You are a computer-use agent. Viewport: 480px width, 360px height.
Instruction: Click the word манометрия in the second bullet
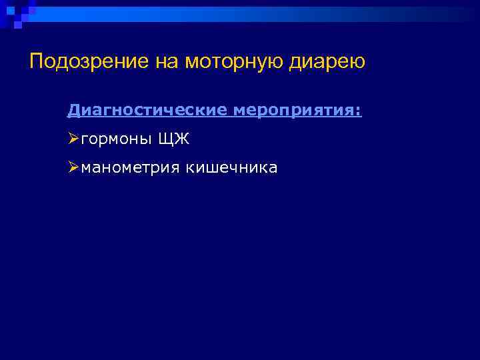coord(131,167)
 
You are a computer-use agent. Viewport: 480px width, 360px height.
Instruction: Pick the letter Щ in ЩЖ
coord(167,139)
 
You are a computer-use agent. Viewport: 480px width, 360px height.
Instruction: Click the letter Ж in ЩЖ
coord(182,139)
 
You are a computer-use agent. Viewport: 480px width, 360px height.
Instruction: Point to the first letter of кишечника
coord(189,168)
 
